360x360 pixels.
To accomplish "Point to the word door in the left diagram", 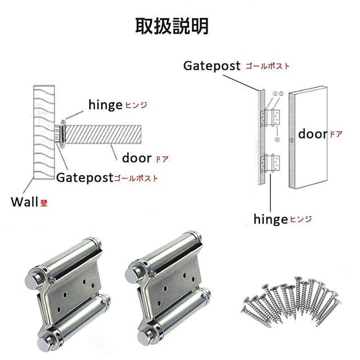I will (x=137, y=158).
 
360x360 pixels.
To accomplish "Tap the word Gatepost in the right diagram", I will (x=212, y=65).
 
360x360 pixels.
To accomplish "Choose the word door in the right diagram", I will (x=313, y=134).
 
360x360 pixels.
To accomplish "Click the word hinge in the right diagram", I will (x=271, y=218).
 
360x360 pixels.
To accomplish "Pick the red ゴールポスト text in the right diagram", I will (x=268, y=66).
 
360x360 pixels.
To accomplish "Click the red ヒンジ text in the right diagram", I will (x=300, y=219).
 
